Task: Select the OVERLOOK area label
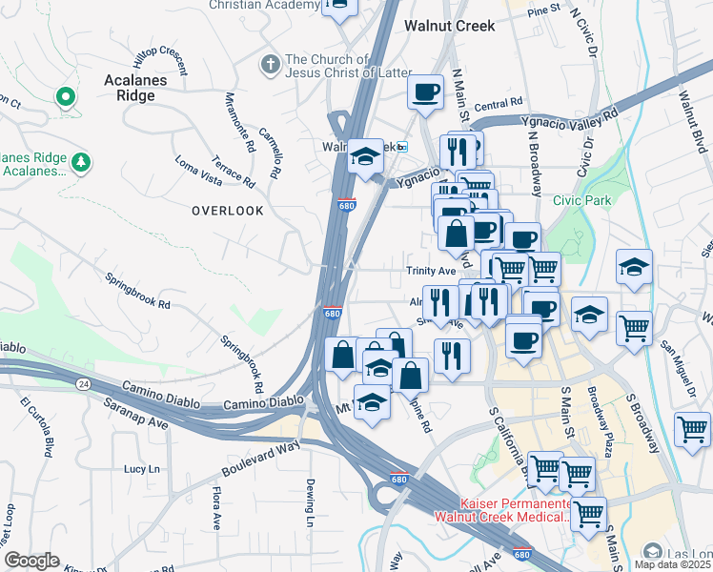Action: click(227, 210)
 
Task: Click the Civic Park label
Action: click(581, 201)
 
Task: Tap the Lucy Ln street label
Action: click(141, 469)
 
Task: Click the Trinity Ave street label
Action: click(432, 271)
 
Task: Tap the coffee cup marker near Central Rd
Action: click(425, 92)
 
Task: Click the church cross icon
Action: click(271, 65)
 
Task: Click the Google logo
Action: click(31, 561)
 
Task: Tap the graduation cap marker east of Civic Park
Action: click(634, 269)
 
